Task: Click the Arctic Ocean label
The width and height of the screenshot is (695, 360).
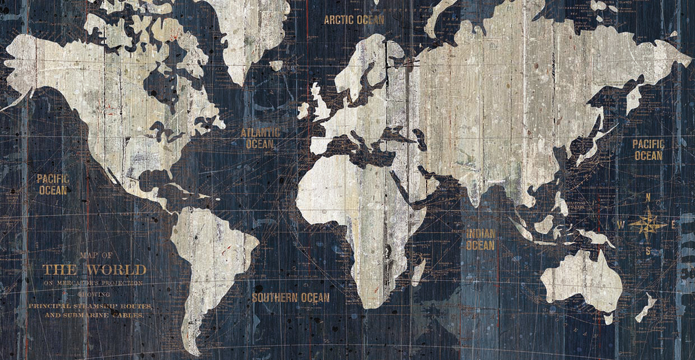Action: pos(354,20)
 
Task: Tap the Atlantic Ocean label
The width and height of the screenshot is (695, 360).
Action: pos(260,138)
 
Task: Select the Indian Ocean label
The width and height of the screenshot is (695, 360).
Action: pos(480,239)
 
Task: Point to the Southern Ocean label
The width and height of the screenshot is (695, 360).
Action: pos(290,298)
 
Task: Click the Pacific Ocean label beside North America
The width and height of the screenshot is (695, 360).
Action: pos(53,184)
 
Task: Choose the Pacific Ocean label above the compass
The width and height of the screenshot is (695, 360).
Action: pos(648,150)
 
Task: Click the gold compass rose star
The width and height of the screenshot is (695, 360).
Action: pos(647,224)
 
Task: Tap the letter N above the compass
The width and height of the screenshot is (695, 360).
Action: pos(648,197)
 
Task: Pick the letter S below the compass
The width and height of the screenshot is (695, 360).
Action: pos(648,251)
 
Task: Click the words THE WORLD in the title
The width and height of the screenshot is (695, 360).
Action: pos(94,270)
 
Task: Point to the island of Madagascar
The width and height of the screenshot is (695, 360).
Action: pos(418,271)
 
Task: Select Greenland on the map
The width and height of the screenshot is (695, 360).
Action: pos(249,34)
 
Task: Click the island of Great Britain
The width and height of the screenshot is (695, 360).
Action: pos(321,107)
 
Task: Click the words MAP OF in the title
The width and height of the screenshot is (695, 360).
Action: pos(96,255)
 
